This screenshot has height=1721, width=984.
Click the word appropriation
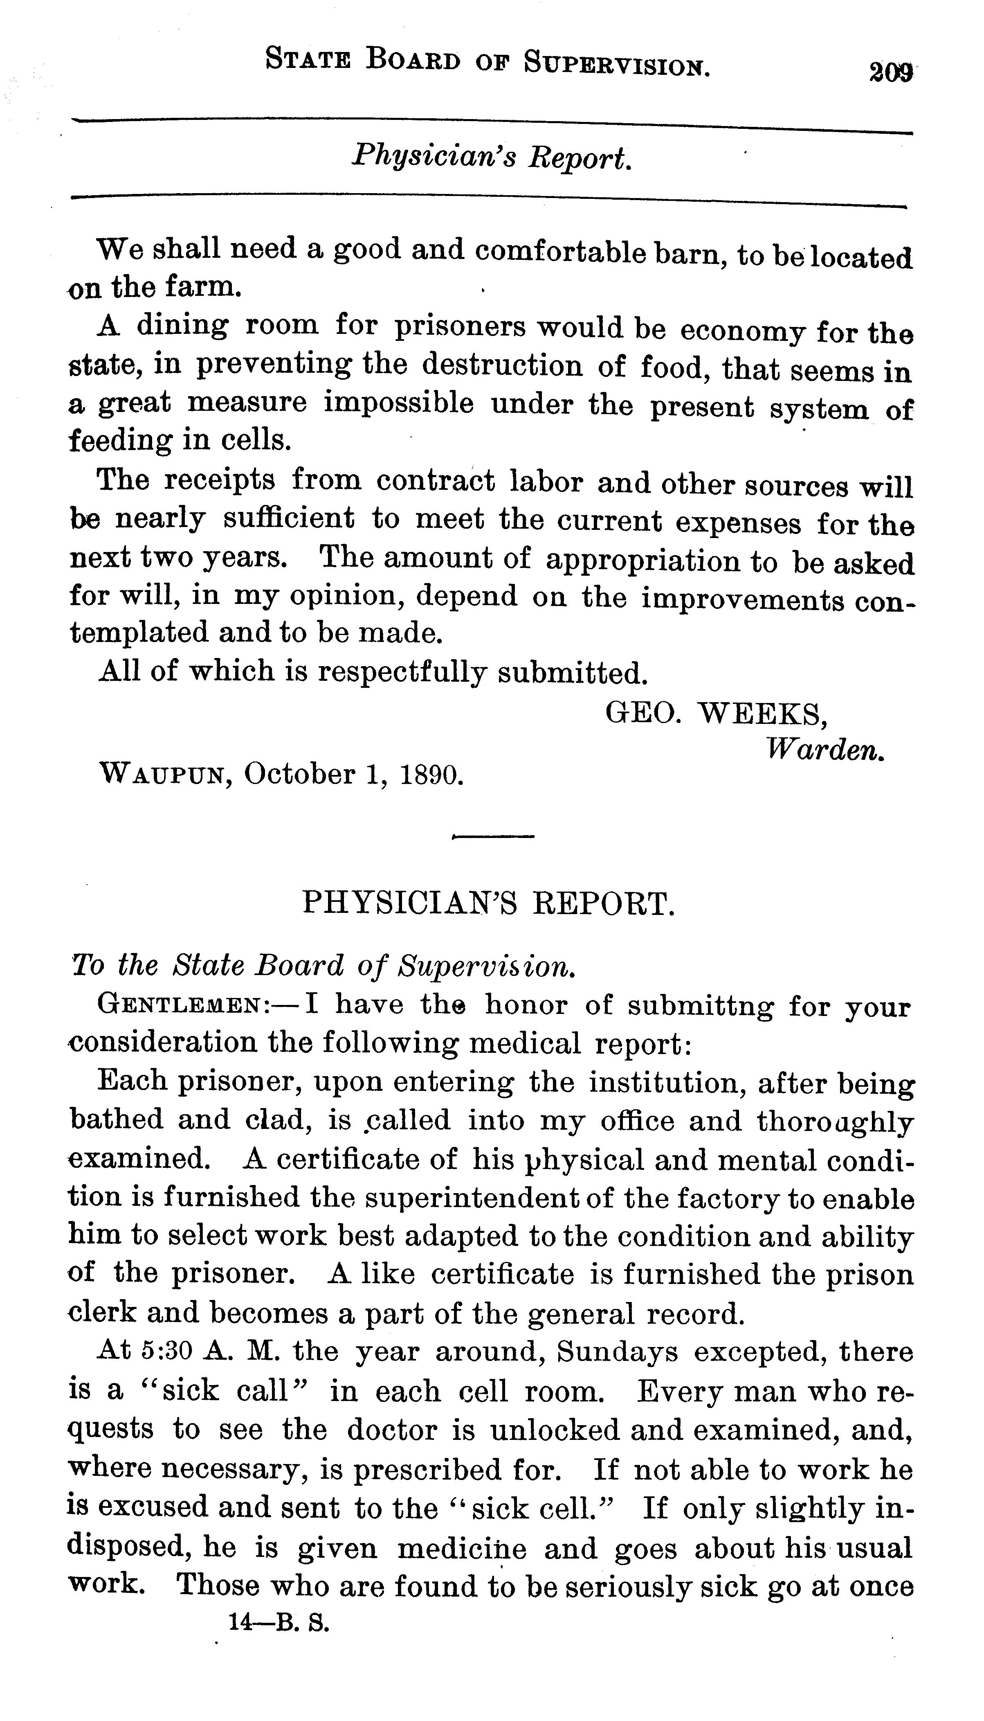pyautogui.click(x=643, y=561)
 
